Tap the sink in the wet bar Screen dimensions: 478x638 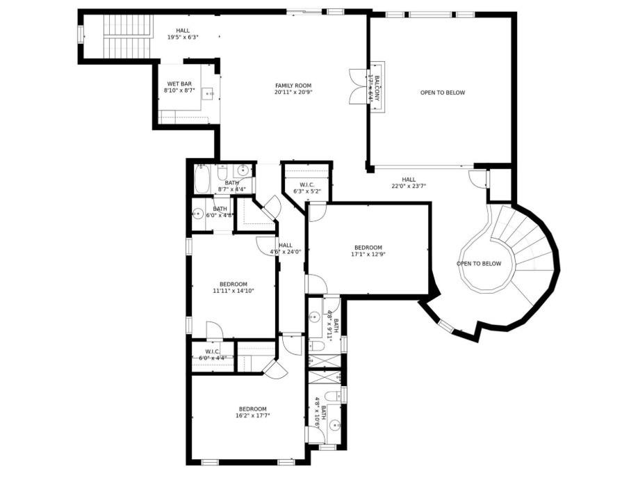coord(209,93)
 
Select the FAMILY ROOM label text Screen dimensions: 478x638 coord(293,85)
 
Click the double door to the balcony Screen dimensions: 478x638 coord(356,86)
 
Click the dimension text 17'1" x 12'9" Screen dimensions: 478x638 coord(368,255)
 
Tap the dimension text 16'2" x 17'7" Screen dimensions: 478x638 coord(252,415)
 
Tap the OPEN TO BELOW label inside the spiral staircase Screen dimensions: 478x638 coord(479,264)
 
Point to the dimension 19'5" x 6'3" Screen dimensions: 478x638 coord(183,38)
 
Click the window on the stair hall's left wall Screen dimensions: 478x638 coord(80,33)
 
